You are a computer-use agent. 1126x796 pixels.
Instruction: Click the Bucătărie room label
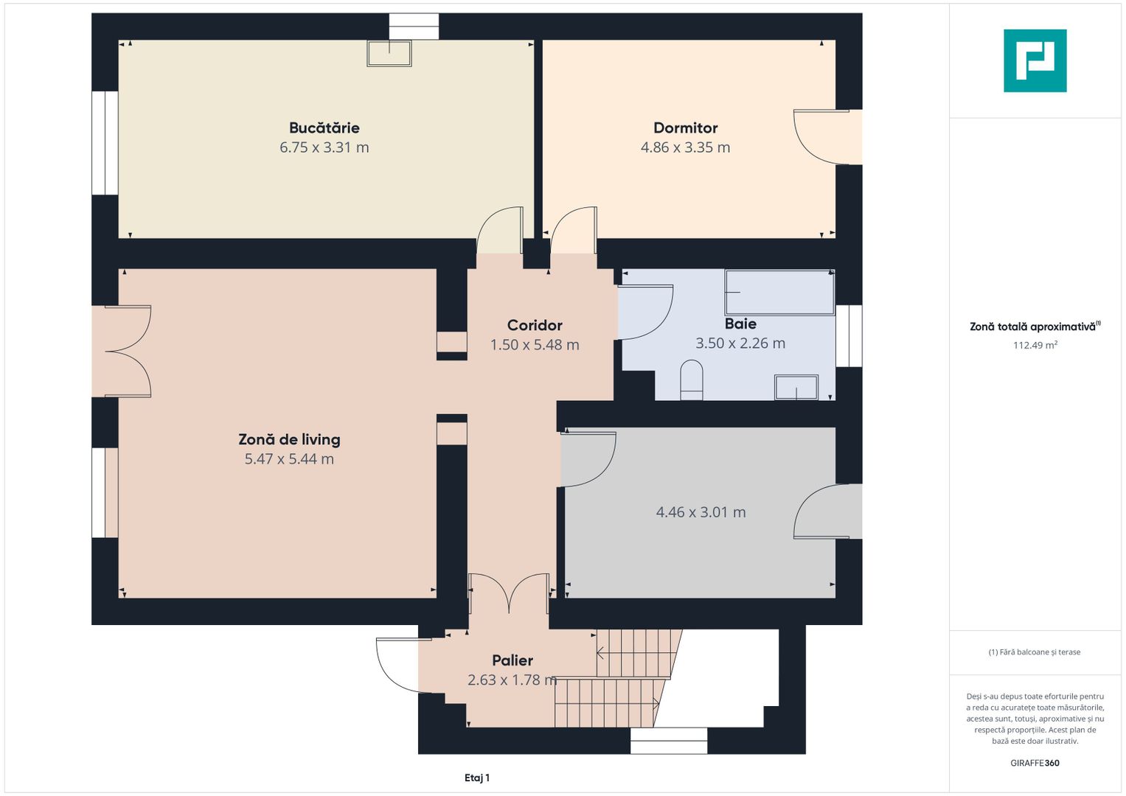tap(324, 128)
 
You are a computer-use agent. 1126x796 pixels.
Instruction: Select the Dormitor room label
tap(685, 128)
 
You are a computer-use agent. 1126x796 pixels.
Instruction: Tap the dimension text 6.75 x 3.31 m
tap(324, 147)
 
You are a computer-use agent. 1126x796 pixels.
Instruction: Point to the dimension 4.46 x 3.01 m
tap(701, 512)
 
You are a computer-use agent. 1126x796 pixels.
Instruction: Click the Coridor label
tap(535, 325)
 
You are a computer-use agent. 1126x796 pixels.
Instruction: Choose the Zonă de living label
tap(289, 439)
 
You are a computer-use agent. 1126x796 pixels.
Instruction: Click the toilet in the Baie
tap(691, 380)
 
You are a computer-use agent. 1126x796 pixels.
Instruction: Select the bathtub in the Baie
tap(779, 293)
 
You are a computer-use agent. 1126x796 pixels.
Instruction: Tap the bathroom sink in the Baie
tap(796, 387)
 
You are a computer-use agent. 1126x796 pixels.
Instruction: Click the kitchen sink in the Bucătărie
tap(389, 53)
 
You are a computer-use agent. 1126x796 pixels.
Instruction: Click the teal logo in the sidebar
tap(1035, 60)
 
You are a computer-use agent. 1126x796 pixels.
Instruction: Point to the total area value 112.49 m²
tap(1035, 345)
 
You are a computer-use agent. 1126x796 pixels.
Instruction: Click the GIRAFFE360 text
tap(1035, 763)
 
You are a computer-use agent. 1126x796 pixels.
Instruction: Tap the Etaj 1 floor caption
tap(477, 778)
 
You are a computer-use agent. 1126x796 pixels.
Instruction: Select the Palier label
tap(512, 660)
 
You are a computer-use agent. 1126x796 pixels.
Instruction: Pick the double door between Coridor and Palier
tap(509, 594)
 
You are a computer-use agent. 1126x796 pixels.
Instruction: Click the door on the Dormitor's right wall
tap(821, 137)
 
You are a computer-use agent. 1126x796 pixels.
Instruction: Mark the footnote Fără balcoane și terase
tap(1035, 652)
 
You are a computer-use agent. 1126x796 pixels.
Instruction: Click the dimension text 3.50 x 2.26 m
tap(740, 343)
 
